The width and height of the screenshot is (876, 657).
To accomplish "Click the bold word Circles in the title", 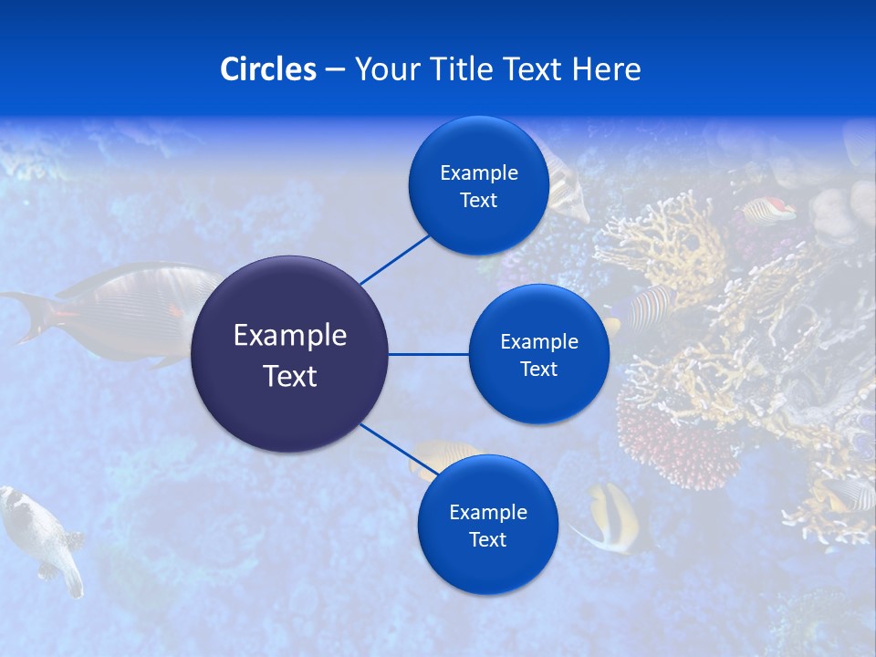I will [268, 69].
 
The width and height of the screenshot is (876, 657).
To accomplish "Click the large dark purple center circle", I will [290, 354].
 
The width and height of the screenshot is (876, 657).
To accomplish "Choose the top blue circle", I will [478, 186].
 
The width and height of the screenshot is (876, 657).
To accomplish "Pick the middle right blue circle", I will [538, 354].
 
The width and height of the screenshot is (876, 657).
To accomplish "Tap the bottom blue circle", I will [487, 526].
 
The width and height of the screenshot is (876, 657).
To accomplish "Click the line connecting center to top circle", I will [394, 259].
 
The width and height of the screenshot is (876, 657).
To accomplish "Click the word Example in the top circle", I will [478, 173].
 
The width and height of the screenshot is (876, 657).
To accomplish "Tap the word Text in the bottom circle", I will [487, 540].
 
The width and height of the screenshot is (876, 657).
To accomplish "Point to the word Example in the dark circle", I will [290, 336].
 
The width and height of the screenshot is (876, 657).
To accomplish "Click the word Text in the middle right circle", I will [538, 370].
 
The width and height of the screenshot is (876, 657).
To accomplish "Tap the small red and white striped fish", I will [769, 211].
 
